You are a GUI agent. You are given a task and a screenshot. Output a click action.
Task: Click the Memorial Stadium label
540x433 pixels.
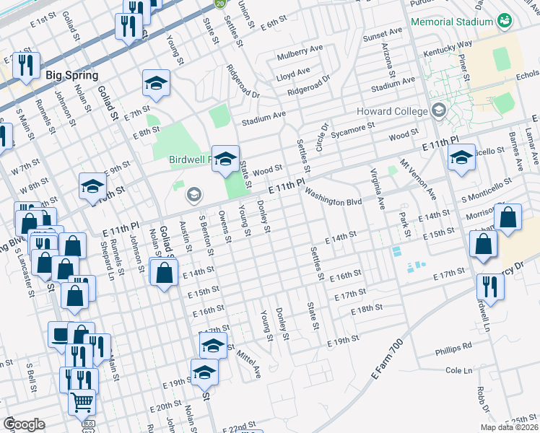(451, 22)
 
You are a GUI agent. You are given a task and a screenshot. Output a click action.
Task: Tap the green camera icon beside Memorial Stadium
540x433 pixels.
(505, 22)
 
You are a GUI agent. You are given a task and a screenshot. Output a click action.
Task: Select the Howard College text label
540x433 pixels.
(392, 111)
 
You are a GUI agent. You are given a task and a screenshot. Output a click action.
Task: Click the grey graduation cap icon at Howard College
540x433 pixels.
(438, 111)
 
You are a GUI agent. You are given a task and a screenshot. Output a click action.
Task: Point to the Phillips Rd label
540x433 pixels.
(453, 351)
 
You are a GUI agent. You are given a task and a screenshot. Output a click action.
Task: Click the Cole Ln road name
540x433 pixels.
(458, 370)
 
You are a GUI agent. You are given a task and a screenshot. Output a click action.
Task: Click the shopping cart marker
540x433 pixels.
(82, 401)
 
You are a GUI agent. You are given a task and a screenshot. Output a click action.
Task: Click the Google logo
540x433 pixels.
(24, 424)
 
